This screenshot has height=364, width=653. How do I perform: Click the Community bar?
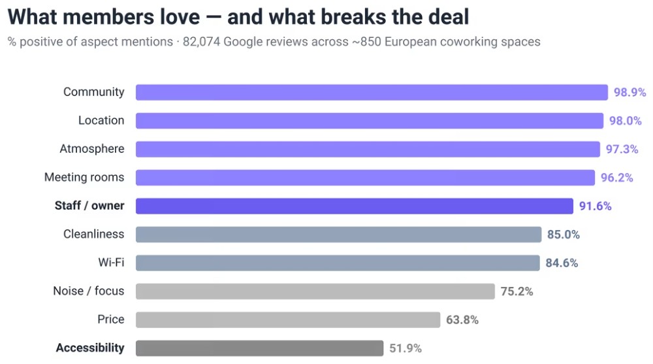tap(372, 92)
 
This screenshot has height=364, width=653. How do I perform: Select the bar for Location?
tap(370, 120)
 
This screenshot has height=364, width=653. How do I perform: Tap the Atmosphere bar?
tap(368, 149)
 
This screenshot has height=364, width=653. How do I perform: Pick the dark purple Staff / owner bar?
tap(355, 206)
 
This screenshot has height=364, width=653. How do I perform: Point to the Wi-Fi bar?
tap(338, 263)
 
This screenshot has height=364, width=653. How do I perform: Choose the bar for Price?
tap(288, 320)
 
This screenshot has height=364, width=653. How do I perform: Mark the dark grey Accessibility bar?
tap(259, 348)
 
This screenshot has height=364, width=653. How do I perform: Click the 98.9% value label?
tap(629, 92)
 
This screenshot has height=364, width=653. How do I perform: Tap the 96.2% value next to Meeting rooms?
tap(617, 178)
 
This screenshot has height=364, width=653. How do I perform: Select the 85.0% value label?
tap(564, 235)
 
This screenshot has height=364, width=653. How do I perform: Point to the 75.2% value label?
tap(517, 291)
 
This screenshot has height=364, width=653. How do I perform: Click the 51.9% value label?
tap(406, 348)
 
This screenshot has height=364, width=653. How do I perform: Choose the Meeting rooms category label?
tap(84, 177)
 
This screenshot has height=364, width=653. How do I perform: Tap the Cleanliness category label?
tap(93, 234)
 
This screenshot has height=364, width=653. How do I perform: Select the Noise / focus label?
tap(89, 291)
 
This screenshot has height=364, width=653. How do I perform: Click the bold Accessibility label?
tap(90, 348)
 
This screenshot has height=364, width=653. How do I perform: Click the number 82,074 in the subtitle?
tap(201, 42)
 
